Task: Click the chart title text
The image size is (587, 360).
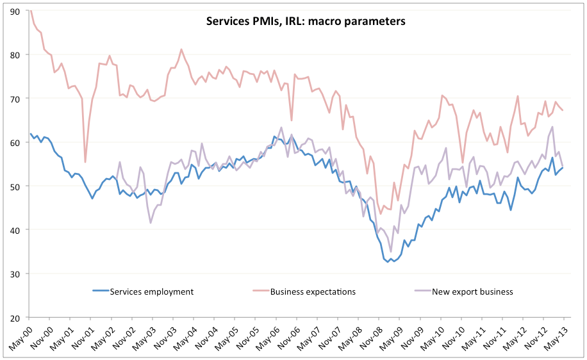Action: (305, 21)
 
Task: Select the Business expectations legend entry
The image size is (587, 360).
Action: (312, 291)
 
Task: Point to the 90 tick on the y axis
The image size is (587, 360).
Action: (15, 11)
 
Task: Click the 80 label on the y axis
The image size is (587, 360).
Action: (15, 54)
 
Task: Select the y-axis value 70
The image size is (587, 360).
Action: (15, 99)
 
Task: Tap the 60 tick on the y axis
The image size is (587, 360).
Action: (15, 142)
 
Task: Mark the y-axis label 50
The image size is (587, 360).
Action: (15, 186)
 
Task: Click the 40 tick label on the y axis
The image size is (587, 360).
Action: (15, 230)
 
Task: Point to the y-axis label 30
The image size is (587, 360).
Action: (15, 274)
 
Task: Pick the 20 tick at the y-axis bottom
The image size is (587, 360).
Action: (15, 317)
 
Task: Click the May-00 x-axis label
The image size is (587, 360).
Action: (21, 338)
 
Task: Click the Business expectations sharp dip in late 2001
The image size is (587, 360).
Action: (85, 161)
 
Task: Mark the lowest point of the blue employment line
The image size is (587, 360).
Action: (388, 261)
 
